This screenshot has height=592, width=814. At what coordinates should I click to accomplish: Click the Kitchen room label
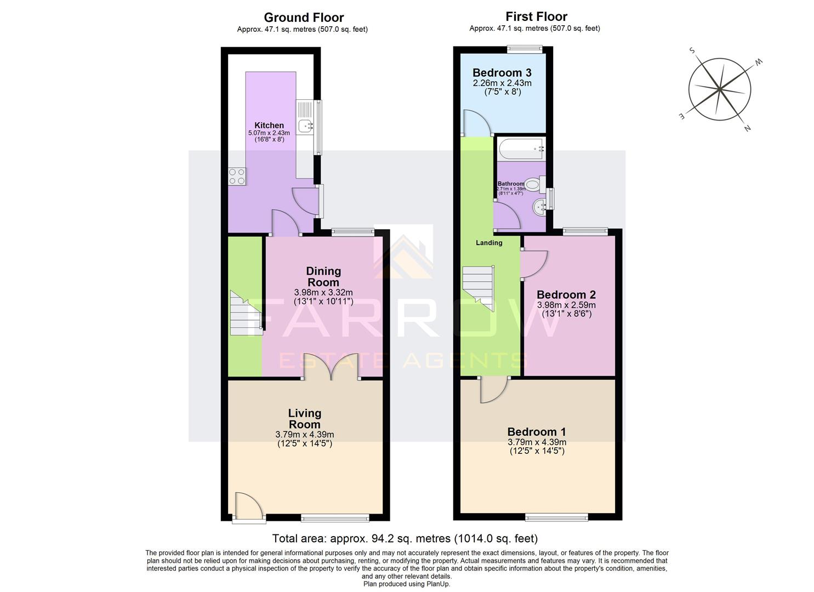pyautogui.click(x=269, y=126)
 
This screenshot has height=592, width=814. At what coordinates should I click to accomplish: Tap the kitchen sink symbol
pyautogui.click(x=305, y=126)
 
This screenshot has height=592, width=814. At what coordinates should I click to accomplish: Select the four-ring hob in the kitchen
pyautogui.click(x=237, y=176)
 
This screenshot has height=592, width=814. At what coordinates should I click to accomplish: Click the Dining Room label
pyautogui.click(x=323, y=276)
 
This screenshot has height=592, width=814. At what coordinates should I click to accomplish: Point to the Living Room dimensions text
pyautogui.click(x=305, y=439)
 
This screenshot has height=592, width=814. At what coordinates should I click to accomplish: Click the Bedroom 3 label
pyautogui.click(x=502, y=72)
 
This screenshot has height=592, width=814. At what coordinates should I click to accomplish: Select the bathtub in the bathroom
pyautogui.click(x=520, y=149)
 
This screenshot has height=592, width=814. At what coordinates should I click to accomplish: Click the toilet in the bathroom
pyautogui.click(x=534, y=184)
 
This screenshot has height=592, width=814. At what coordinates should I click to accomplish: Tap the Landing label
pyautogui.click(x=488, y=242)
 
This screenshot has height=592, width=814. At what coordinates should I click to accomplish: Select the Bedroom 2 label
pyautogui.click(x=566, y=294)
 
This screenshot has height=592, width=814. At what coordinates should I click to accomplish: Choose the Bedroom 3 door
pyautogui.click(x=476, y=123)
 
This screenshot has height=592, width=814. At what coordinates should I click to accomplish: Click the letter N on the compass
pyautogui.click(x=747, y=129)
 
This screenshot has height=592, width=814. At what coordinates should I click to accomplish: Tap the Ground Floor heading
pyautogui.click(x=304, y=18)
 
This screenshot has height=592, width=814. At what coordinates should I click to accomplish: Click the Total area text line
pyautogui.click(x=405, y=538)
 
